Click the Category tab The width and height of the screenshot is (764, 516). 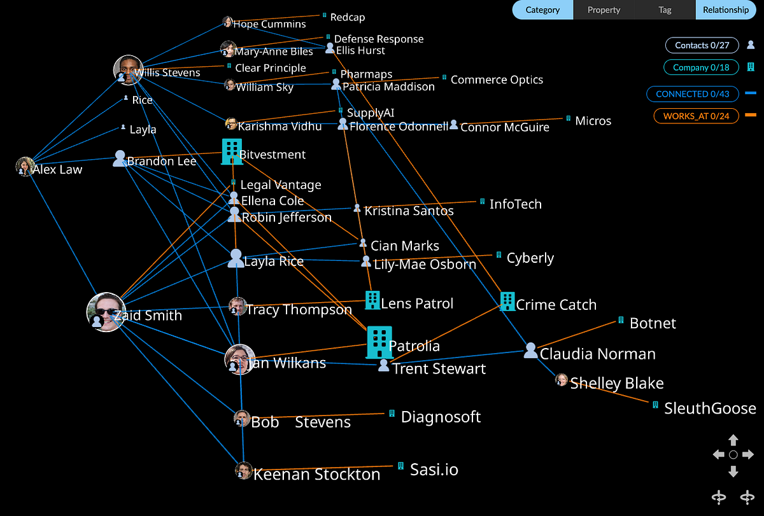pyautogui.click(x=542, y=10)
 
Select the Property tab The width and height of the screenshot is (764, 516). pyautogui.click(x=604, y=10)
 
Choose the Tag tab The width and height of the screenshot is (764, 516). pyautogui.click(x=665, y=10)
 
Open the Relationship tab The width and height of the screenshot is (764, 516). pyautogui.click(x=726, y=10)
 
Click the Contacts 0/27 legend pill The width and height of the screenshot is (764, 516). pyautogui.click(x=702, y=45)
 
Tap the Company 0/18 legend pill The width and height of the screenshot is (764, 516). pyautogui.click(x=701, y=67)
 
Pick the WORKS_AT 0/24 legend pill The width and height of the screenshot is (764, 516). pyautogui.click(x=696, y=116)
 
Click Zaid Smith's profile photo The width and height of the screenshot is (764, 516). pyautogui.click(x=104, y=312)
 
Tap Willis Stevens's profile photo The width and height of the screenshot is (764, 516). pyautogui.click(x=128, y=69)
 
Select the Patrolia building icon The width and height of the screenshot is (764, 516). pyautogui.click(x=379, y=342)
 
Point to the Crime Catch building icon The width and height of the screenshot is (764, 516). pyautogui.click(x=507, y=301)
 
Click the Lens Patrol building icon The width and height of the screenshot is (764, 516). pyautogui.click(x=372, y=300)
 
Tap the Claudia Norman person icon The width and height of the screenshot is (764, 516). pyautogui.click(x=531, y=350)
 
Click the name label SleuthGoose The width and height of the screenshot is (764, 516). pyautogui.click(x=710, y=408)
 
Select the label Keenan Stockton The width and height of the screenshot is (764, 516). pyautogui.click(x=316, y=474)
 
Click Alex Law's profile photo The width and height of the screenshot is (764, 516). pyautogui.click(x=25, y=167)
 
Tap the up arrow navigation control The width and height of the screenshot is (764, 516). pyautogui.click(x=733, y=440)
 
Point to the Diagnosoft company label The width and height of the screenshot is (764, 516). pyautogui.click(x=441, y=417)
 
